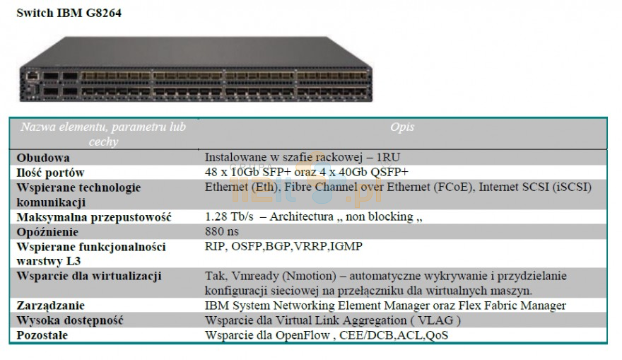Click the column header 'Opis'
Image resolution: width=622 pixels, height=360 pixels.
pos(401,127)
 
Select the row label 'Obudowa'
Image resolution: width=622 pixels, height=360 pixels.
pos(42,157)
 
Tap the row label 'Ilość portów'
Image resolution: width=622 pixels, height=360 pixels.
pos(52,172)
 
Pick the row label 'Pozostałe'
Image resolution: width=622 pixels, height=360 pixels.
pos(42,335)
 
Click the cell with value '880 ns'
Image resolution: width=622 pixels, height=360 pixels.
pos(223,231)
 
